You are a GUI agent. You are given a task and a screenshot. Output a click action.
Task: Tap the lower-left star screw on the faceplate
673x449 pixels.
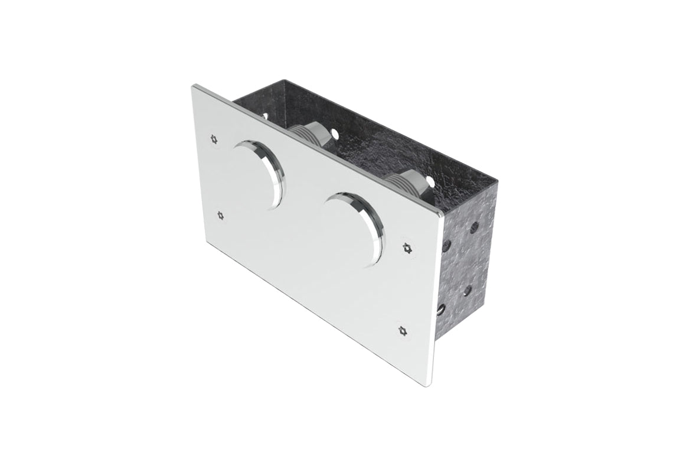click(221, 216)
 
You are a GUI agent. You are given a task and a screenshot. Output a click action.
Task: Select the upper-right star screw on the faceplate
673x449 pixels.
click(406, 246)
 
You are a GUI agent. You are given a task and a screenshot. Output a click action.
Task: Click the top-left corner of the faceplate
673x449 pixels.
click(192, 86)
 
